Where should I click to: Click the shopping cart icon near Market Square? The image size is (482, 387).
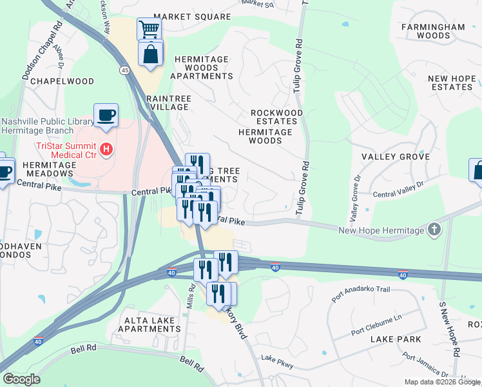click(x=149, y=29)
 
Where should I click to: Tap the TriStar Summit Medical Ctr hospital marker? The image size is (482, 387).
click(x=108, y=150)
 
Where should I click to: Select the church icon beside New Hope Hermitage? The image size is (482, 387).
click(x=435, y=230)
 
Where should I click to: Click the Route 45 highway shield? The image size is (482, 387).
click(x=123, y=70)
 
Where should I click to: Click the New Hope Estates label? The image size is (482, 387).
click(x=451, y=83)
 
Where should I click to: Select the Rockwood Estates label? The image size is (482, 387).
click(x=276, y=117)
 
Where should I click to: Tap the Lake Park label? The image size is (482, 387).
click(x=396, y=339)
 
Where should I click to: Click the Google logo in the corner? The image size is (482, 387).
click(x=21, y=379)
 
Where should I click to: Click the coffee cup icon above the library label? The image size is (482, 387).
click(x=106, y=115)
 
